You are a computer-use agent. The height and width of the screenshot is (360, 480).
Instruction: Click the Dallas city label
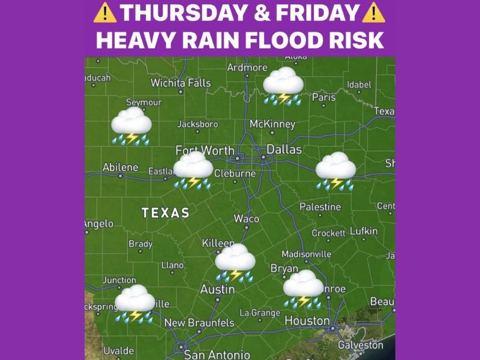click(284, 149)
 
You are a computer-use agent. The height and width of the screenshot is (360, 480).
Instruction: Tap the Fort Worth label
click(205, 150)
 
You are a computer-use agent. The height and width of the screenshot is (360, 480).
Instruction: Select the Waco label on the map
click(247, 218)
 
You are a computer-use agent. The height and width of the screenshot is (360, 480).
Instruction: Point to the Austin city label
click(217, 289)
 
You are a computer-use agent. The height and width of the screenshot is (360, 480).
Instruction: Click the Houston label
click(307, 321)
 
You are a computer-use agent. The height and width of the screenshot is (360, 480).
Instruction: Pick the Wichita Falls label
click(181, 83)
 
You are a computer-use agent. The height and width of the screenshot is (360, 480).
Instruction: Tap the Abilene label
click(120, 167)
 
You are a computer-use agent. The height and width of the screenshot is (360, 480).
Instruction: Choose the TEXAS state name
click(166, 213)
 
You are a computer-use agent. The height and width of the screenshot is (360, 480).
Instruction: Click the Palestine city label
click(320, 207)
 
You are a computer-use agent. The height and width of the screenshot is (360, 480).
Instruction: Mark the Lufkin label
click(364, 231)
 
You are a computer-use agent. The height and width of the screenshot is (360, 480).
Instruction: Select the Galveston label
click(361, 345)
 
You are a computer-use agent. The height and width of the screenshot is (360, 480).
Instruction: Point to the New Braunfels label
click(199, 323)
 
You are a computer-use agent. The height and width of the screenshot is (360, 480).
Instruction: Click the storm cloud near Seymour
click(131, 126)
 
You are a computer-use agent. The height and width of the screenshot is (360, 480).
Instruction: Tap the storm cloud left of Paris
click(283, 86)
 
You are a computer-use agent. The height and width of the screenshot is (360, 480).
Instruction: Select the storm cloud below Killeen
click(235, 262)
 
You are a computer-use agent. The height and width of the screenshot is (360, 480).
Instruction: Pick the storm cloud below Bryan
click(304, 289)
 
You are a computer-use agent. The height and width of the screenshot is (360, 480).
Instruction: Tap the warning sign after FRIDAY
click(374, 12)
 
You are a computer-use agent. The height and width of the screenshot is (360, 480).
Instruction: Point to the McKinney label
click(272, 124)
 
